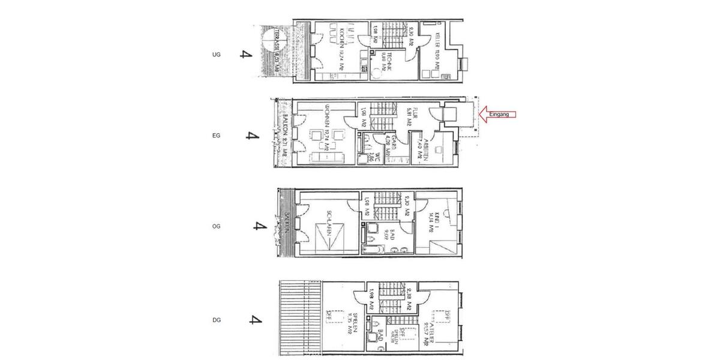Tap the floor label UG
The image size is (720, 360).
click(217, 55)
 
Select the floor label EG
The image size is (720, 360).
click(217, 136)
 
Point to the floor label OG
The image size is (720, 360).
click(217, 227)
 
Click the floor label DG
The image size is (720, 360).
click(217, 320)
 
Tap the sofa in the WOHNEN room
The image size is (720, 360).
click(328, 157)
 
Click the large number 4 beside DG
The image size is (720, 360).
click(256, 319)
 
